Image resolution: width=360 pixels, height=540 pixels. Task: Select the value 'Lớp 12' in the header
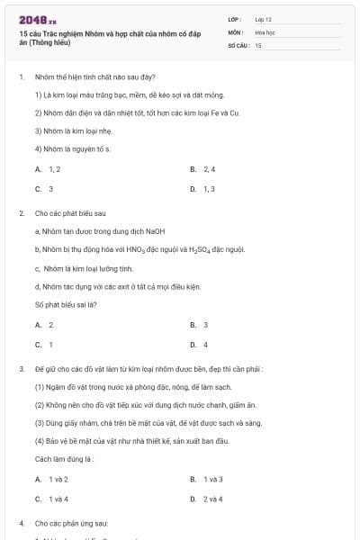click(x=263, y=19)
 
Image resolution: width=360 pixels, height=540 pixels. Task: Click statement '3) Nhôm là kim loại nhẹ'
click(x=67, y=130)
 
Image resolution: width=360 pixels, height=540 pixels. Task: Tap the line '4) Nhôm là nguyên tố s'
click(x=72, y=148)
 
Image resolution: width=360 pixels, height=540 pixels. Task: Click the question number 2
click(x=21, y=213)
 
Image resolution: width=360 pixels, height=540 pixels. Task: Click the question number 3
click(x=21, y=369)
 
